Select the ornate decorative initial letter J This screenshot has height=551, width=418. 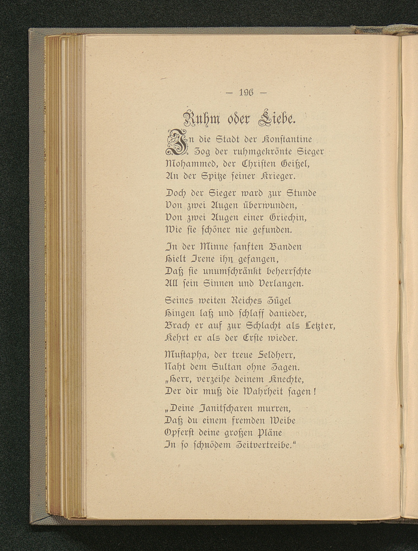tap(177, 143)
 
